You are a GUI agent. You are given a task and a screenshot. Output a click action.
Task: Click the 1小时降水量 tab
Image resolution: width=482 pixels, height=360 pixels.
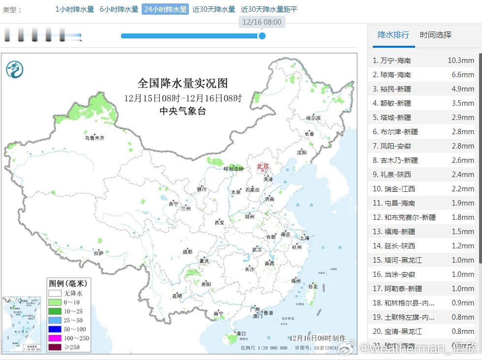74,9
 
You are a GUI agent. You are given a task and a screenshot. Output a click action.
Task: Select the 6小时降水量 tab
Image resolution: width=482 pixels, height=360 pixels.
119,9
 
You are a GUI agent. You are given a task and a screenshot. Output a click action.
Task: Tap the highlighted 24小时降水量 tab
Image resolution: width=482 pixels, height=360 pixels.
165,9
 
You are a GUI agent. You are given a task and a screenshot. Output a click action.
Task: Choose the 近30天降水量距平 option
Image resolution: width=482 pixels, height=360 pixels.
269,9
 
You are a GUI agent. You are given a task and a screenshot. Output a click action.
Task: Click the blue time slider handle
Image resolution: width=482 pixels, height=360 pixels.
262,35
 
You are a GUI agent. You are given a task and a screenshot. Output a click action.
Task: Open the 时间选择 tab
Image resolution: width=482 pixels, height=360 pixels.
435,35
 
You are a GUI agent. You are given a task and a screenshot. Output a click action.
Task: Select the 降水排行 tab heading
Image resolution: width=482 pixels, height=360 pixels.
393,35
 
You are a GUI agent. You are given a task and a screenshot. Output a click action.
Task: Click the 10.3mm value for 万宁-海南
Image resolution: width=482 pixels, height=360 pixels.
460,60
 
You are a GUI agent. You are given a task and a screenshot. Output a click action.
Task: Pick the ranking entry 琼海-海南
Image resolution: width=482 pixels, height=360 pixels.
395,75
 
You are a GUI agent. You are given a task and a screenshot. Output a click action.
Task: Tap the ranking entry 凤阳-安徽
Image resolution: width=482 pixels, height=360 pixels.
395,146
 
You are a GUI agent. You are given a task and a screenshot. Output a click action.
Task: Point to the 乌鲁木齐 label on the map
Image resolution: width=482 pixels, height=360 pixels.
94,138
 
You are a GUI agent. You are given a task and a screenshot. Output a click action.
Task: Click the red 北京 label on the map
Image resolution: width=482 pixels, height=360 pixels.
263,166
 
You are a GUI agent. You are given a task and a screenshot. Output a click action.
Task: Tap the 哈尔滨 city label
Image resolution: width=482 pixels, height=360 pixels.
313,118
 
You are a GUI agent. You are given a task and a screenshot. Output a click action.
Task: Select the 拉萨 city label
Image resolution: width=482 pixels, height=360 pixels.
98,253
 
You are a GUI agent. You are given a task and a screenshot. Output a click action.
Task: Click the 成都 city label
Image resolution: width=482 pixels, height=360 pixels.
187,251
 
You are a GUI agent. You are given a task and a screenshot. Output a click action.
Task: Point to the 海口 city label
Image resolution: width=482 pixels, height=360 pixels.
241,333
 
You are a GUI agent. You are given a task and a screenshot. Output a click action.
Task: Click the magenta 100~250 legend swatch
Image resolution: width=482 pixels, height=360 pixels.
55,338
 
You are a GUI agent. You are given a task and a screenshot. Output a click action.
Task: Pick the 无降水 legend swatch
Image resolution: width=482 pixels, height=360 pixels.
55,293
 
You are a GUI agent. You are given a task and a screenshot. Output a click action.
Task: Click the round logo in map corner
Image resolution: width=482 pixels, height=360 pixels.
15,69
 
